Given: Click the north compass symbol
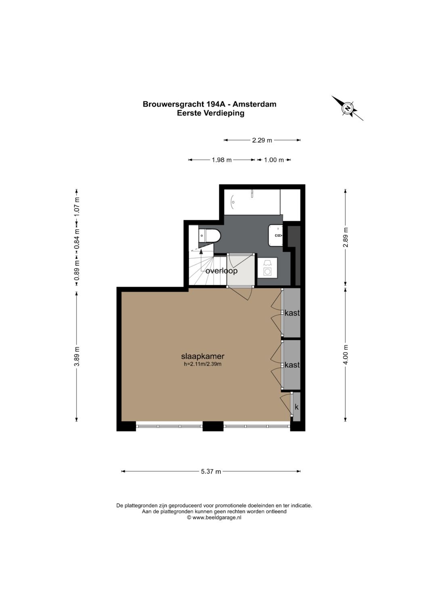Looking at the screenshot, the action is (347, 108).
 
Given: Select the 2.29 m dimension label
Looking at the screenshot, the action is (262, 140).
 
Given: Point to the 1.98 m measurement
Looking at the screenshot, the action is (222, 160).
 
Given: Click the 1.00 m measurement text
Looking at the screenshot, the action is (274, 160).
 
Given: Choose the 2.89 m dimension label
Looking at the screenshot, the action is (346, 237).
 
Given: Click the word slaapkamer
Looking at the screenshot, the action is (203, 356).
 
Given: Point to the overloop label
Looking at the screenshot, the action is (221, 271).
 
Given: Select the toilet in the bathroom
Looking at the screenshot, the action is (210, 236).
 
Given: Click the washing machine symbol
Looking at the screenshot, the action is (267, 268).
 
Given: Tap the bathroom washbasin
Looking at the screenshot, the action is (276, 236).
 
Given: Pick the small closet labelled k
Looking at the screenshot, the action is (296, 407).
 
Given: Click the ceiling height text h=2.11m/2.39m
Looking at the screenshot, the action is (203, 365).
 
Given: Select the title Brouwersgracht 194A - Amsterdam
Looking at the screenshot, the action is (210, 104).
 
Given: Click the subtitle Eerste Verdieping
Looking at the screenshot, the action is (211, 113).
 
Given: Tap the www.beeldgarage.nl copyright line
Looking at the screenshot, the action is (214, 517).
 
